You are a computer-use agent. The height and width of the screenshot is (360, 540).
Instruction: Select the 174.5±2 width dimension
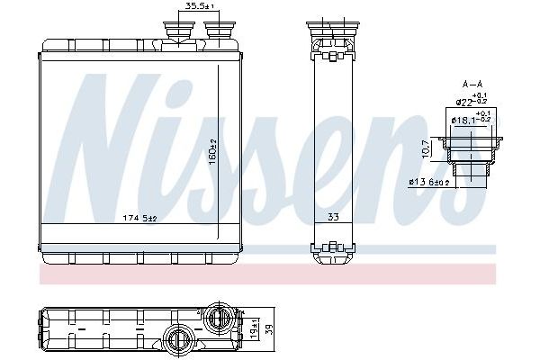(139, 218)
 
